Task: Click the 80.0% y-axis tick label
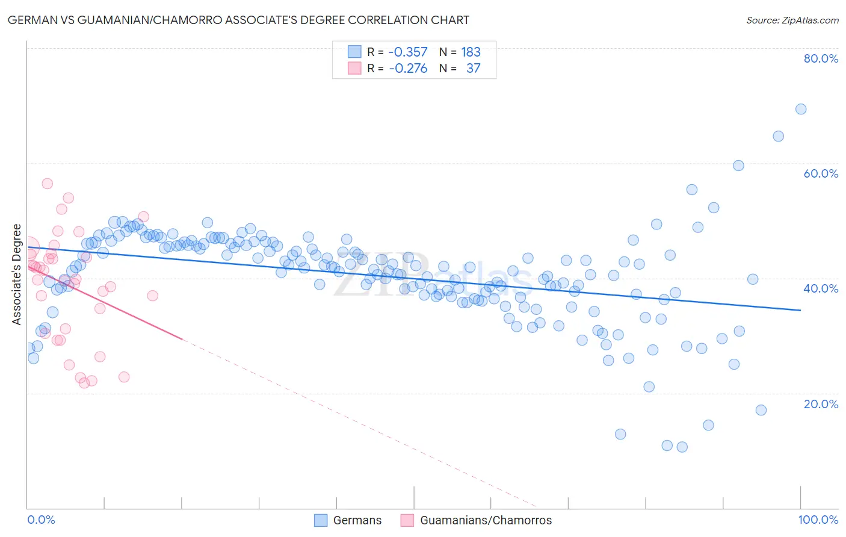821,58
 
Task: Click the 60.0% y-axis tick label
821,173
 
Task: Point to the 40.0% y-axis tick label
821,288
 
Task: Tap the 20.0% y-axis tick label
821,404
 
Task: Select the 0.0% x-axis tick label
41,520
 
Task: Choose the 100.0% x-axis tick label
818,520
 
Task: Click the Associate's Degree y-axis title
17,275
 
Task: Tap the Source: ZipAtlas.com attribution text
792,20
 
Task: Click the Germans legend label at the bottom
357,521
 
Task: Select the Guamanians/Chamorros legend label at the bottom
486,521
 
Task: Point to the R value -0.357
408,52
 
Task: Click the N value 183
471,52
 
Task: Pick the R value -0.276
408,69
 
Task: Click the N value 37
474,69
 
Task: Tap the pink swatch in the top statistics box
354,69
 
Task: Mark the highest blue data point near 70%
800,109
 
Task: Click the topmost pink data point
47,184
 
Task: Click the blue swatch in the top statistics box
354,52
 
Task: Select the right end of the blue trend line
801,310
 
